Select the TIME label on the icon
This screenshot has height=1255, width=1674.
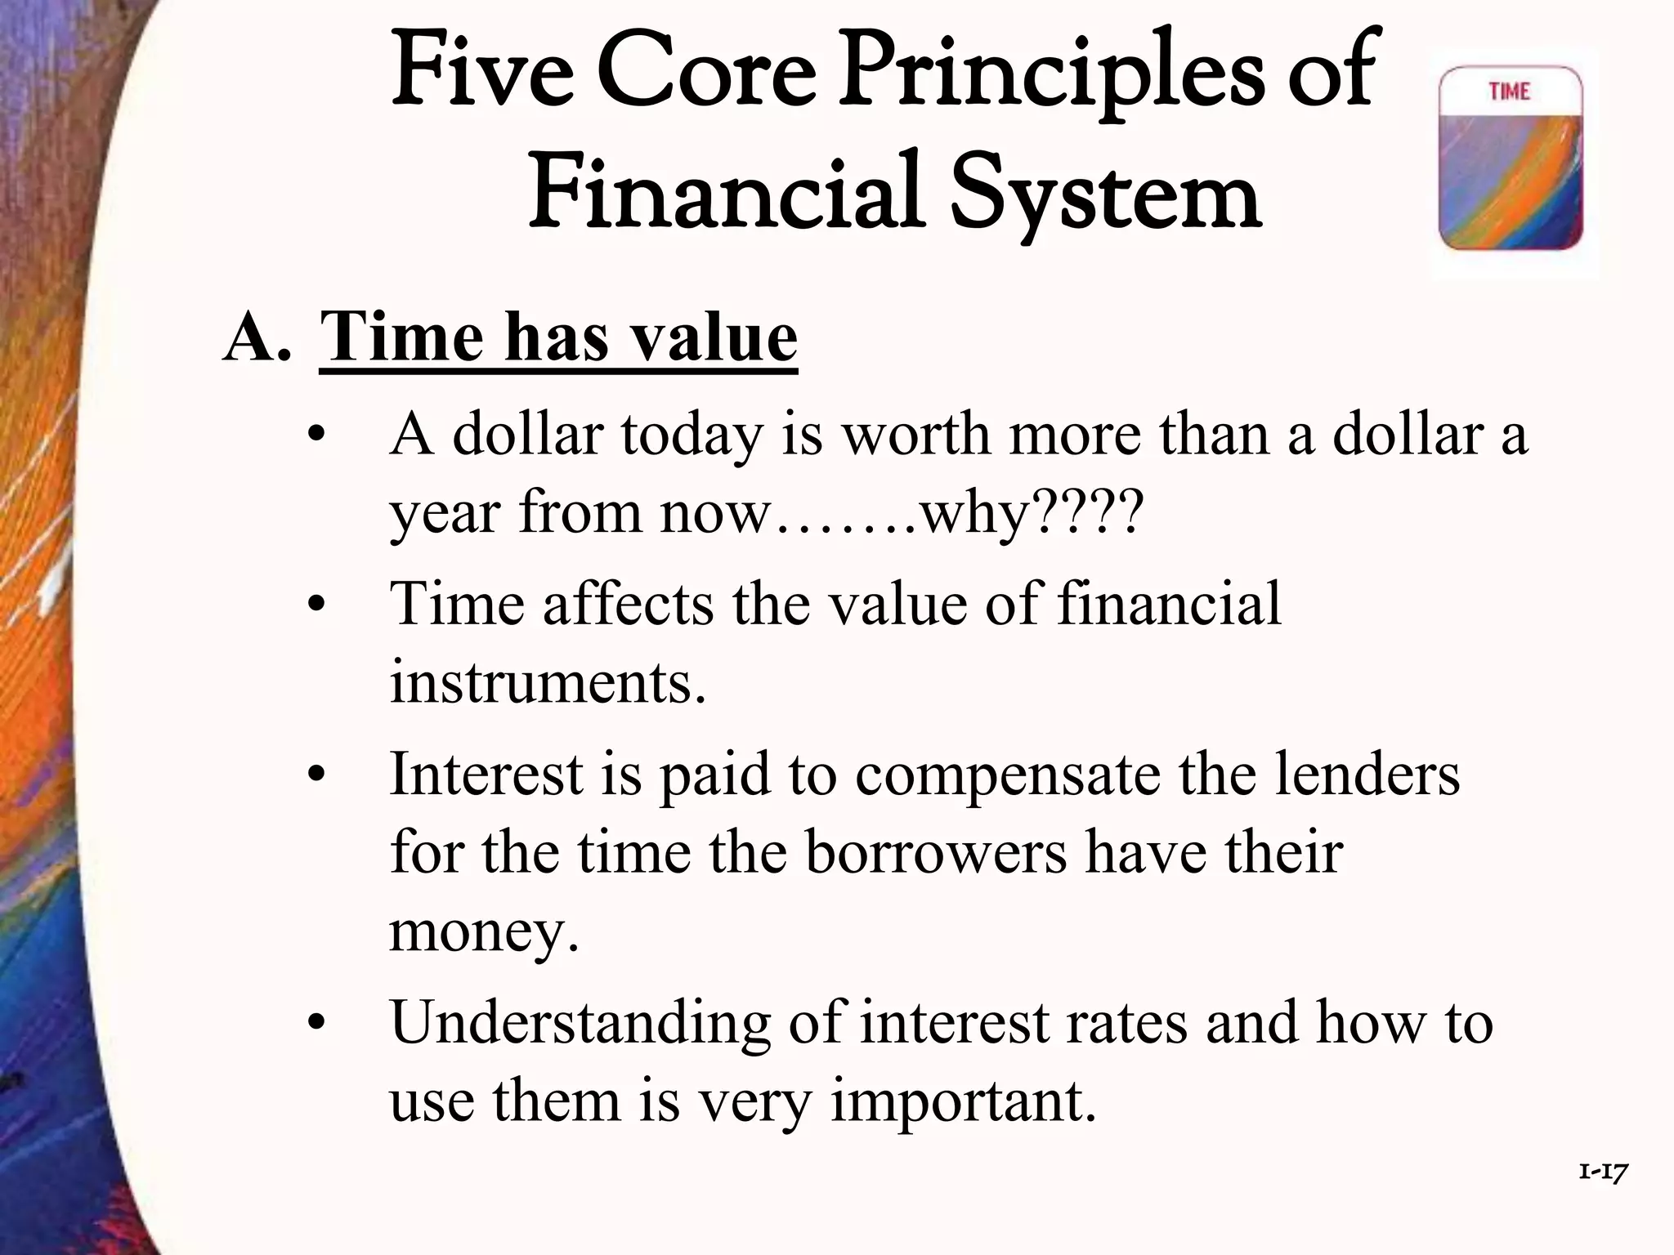(1509, 92)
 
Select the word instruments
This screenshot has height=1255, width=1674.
(546, 681)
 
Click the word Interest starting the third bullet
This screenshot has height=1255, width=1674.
(486, 773)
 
